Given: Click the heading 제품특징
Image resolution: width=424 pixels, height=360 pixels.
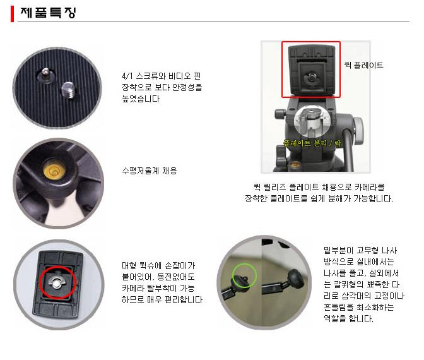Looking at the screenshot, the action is tap(49, 13).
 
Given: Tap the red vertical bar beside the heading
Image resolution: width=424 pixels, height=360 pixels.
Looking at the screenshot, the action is tap(12, 14).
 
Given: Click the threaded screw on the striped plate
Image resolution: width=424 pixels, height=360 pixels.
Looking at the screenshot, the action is tap(68, 90).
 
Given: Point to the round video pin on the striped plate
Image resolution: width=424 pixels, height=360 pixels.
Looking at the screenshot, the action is tap(45, 74).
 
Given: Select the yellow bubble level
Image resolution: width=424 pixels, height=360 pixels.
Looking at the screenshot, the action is tap(54, 169).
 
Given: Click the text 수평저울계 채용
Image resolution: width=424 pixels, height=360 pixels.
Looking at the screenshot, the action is tap(150, 171).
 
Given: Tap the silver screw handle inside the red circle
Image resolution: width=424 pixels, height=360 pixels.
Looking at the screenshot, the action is tap(57, 282).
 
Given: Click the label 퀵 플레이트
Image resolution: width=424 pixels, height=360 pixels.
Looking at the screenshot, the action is tap(363, 65).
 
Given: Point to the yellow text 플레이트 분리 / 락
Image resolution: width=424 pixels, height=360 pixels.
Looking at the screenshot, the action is tap(312, 143).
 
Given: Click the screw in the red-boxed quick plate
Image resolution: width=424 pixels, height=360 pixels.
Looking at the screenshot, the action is tap(312, 78).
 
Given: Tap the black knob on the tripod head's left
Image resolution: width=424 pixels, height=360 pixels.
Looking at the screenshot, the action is tap(280, 114).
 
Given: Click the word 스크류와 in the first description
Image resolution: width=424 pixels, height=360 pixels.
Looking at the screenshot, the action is tap(151, 76).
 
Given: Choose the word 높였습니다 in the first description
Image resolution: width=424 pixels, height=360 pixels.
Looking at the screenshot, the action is tap(141, 99).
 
